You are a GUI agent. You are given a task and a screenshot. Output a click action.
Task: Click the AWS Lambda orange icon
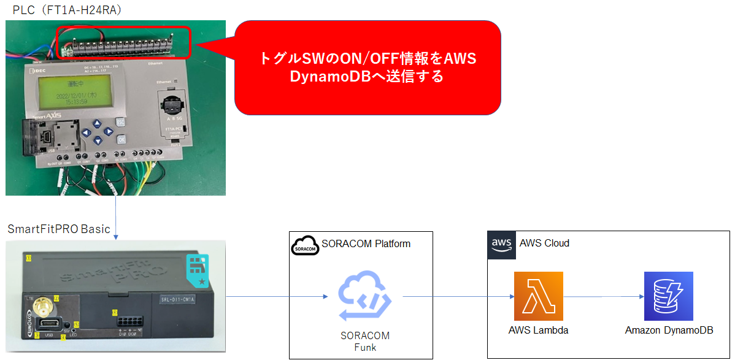click(538, 296)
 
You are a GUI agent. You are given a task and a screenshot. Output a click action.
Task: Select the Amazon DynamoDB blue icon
click(668, 296)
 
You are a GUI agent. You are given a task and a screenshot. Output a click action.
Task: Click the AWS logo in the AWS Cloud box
click(501, 245)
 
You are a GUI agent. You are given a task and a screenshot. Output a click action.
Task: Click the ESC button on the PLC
click(121, 122)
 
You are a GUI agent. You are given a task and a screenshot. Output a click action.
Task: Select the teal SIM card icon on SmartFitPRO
click(198, 269)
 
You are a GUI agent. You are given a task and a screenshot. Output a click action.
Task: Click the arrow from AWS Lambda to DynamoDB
click(604, 297)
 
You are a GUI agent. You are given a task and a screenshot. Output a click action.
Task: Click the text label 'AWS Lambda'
click(538, 331)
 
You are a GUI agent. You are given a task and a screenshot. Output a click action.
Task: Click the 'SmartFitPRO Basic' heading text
click(59, 229)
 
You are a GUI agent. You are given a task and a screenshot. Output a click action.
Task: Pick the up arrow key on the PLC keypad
click(97, 122)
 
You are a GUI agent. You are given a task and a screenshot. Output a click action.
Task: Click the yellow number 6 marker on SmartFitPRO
click(115, 313)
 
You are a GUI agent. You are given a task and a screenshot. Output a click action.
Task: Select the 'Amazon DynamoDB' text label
click(669, 331)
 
